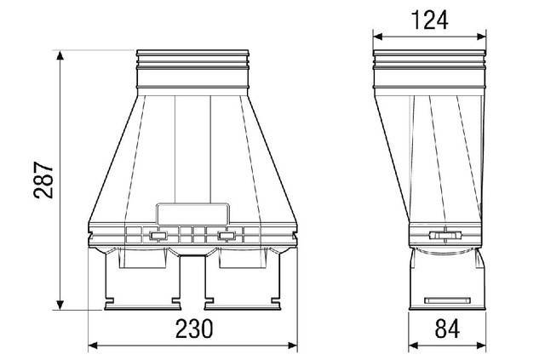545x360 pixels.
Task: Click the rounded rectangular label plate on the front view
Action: click(x=193, y=214)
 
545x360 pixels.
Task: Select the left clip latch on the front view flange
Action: click(x=157, y=237)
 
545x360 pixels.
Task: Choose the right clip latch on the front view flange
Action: click(x=227, y=237)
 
